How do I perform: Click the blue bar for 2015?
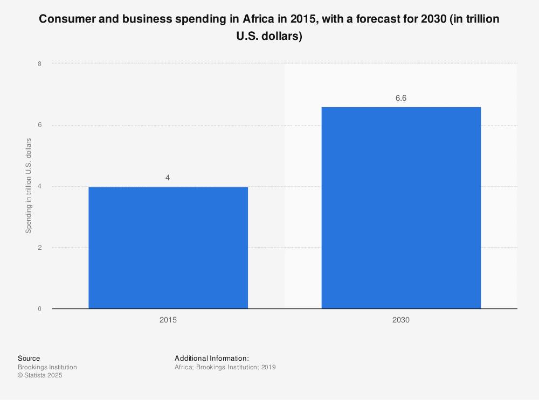[168, 248]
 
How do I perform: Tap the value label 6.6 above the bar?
[401, 98]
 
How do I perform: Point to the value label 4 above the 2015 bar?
[168, 177]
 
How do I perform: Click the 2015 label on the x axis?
[168, 320]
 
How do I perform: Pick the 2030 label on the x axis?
[401, 320]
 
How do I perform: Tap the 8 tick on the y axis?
[39, 64]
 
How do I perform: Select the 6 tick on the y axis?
[39, 125]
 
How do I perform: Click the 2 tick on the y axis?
[39, 248]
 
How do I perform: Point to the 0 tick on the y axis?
[39, 309]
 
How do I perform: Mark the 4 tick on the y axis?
[39, 186]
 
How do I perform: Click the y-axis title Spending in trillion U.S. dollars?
[29, 186]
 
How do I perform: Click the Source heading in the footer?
[29, 359]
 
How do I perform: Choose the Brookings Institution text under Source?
[47, 367]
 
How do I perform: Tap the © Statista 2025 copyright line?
[40, 376]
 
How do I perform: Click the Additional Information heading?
[211, 359]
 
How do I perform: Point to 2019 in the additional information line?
[268, 367]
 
